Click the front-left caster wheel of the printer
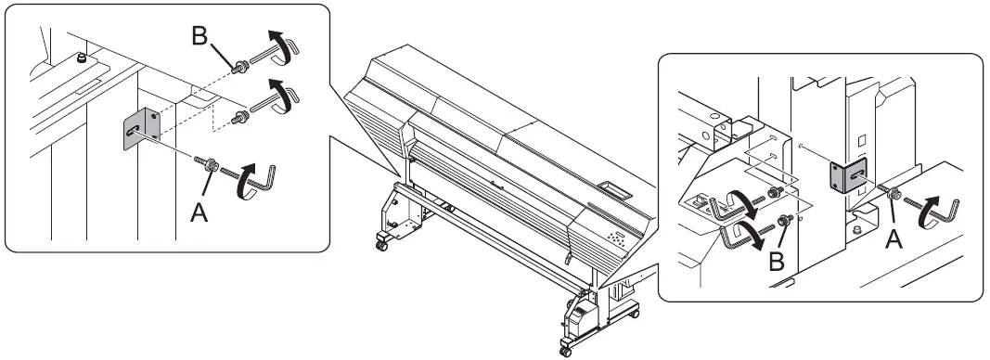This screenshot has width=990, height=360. [x=380, y=245]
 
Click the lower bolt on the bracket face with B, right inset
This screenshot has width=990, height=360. [x=784, y=221]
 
